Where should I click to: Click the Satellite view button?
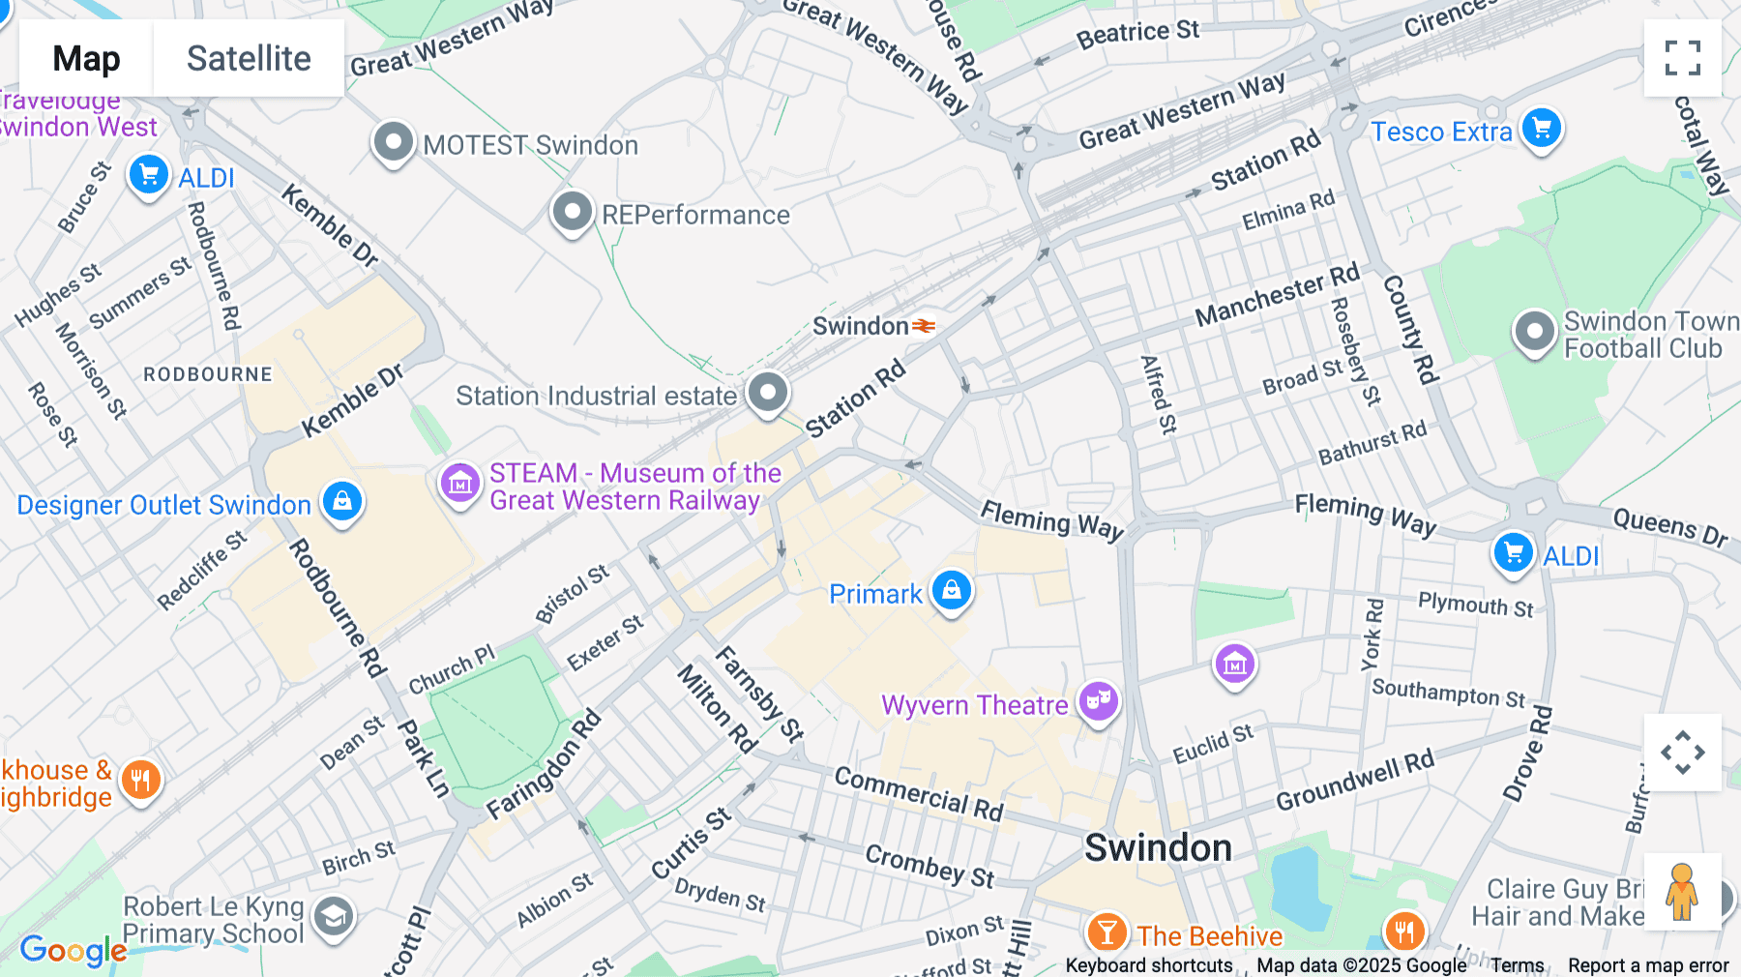[x=249, y=58]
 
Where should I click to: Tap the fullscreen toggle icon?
[x=1682, y=58]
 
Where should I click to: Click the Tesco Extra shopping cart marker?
[x=1542, y=128]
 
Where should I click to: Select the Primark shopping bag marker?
[x=951, y=589]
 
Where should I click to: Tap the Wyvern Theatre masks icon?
[x=1099, y=700]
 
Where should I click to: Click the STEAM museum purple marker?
[x=459, y=482]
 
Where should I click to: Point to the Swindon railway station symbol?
[x=925, y=326]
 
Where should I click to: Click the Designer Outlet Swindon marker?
[x=341, y=501]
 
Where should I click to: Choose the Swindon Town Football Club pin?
[x=1534, y=331]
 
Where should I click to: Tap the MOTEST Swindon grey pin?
[x=393, y=142]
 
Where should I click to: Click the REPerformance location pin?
[x=572, y=212]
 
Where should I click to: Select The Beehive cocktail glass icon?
[x=1107, y=933]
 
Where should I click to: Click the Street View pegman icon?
[x=1682, y=892]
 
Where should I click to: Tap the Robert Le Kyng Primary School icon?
[x=334, y=916]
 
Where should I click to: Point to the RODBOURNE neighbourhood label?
[x=208, y=374]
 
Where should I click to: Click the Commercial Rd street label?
[x=919, y=792]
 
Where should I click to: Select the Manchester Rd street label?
[x=1277, y=295]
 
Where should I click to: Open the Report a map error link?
[x=1648, y=965]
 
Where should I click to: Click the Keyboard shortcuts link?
[x=1148, y=965]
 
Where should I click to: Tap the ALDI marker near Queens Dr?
[x=1513, y=552]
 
